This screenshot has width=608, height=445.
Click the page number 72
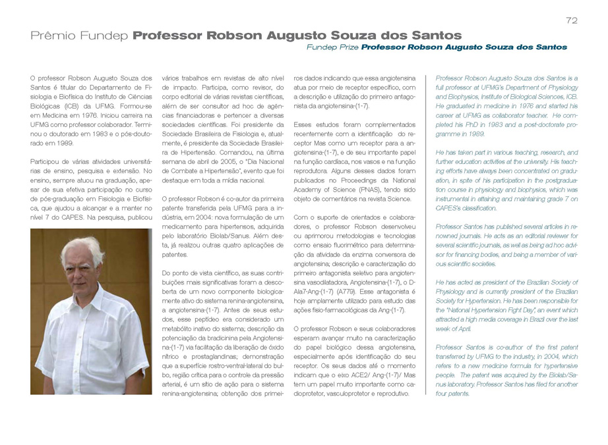point(572,20)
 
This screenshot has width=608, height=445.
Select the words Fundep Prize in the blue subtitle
point(332,47)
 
